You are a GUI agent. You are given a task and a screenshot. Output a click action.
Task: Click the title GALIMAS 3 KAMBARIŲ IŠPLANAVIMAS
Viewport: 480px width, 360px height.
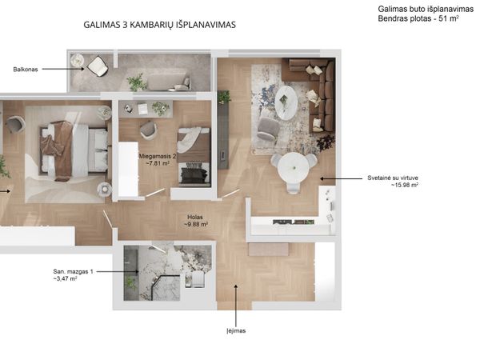click(x=159, y=25)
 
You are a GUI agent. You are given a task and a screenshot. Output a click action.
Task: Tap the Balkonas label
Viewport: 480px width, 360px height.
click(x=26, y=70)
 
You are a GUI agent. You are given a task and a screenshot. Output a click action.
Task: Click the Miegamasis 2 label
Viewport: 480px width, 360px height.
click(x=158, y=156)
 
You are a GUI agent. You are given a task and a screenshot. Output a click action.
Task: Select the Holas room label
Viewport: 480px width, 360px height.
click(x=195, y=218)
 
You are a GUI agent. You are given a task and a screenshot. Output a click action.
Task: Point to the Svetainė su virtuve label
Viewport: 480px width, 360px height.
click(x=393, y=178)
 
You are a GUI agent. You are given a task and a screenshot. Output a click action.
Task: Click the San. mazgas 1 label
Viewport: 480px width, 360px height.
click(x=73, y=271)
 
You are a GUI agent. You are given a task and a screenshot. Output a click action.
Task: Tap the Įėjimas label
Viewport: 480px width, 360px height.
click(x=236, y=331)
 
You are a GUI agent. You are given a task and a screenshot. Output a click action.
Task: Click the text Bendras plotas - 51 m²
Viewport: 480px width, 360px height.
click(x=418, y=18)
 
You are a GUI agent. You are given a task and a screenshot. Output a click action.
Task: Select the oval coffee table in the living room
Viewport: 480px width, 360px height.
click(x=286, y=102)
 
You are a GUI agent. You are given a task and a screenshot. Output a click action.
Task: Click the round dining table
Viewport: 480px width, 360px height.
click(x=293, y=168)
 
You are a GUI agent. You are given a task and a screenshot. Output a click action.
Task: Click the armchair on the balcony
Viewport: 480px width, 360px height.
click(x=98, y=66)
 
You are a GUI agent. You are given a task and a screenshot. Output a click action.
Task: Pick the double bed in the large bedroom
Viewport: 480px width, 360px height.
click(x=74, y=150)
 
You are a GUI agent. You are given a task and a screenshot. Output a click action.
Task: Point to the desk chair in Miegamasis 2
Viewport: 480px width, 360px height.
click(x=148, y=130)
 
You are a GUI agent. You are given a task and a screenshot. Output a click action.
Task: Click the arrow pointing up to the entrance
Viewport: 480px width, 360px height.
click(x=236, y=306)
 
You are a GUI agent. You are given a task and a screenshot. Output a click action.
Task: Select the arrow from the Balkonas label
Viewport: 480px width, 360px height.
click(x=63, y=69)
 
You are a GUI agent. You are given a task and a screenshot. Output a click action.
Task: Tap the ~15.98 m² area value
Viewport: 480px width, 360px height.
click(x=404, y=186)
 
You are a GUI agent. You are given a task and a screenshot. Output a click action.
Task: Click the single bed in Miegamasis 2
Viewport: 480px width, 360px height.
click(x=194, y=157)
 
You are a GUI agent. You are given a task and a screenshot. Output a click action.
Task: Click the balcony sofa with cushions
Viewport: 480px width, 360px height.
click(x=169, y=82)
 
